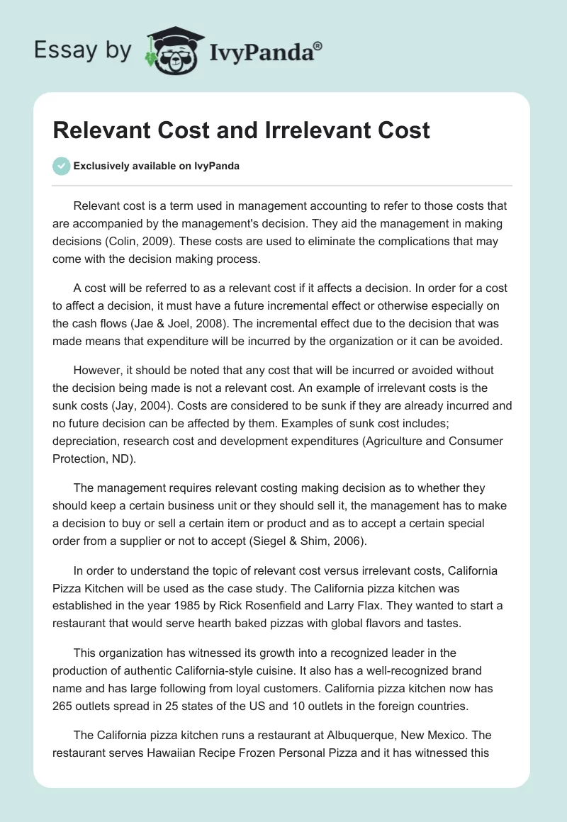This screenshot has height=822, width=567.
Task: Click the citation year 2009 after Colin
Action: coord(183,242)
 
